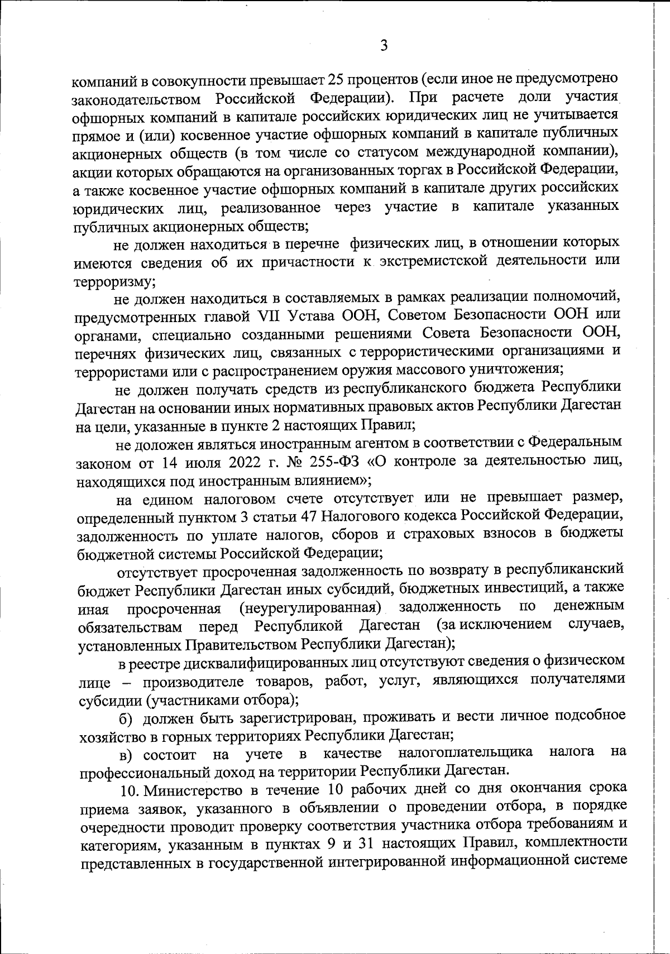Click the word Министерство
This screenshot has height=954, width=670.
pos(195,791)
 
